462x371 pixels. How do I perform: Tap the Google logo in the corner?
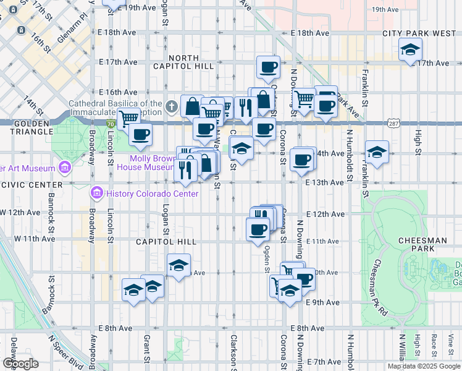(x=20, y=364)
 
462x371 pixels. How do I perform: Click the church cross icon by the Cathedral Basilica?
(x=172, y=107)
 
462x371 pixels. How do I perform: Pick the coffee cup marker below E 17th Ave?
(x=268, y=67)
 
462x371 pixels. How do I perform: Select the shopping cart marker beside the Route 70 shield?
(x=128, y=117)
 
